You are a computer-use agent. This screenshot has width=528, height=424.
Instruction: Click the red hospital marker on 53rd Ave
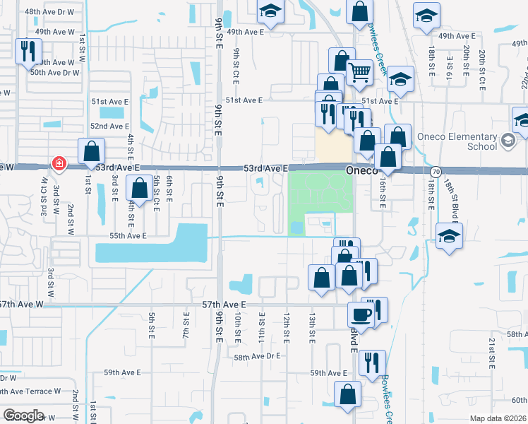click(x=59, y=165)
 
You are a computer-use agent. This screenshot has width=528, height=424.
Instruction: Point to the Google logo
click(x=24, y=415)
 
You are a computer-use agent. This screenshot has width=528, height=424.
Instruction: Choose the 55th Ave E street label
click(x=127, y=235)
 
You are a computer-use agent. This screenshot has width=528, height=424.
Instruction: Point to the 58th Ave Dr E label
click(x=258, y=358)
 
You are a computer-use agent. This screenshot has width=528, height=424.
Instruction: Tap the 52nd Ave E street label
click(x=109, y=126)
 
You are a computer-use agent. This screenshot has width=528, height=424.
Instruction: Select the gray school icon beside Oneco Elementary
click(x=507, y=141)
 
